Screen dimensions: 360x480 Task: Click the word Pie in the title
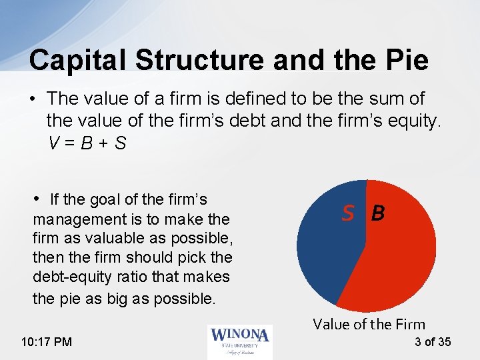404,60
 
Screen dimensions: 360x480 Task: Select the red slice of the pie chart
393,260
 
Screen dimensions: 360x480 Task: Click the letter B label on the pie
378,213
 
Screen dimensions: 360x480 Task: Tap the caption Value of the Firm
369,325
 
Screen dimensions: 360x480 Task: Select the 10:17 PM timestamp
47,342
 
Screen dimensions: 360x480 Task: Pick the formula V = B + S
87,143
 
